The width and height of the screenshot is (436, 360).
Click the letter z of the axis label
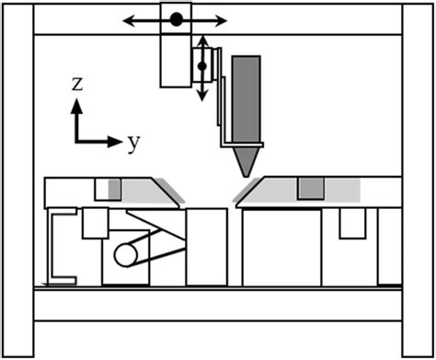(x=78, y=84)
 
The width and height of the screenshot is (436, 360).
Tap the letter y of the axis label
(x=134, y=142)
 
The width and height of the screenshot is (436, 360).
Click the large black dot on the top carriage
(x=176, y=18)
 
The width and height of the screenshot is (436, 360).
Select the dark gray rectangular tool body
(x=246, y=100)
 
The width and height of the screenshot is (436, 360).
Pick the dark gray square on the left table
(x=115, y=189)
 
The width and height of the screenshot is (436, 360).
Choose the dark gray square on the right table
(x=310, y=189)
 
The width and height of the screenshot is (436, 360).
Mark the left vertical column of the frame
(x=17, y=180)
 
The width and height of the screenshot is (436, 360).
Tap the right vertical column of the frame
(x=418, y=180)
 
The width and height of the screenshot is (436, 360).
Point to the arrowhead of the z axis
(x=78, y=105)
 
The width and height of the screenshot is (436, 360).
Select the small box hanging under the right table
(x=351, y=223)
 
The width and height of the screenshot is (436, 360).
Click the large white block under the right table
(x=281, y=247)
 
